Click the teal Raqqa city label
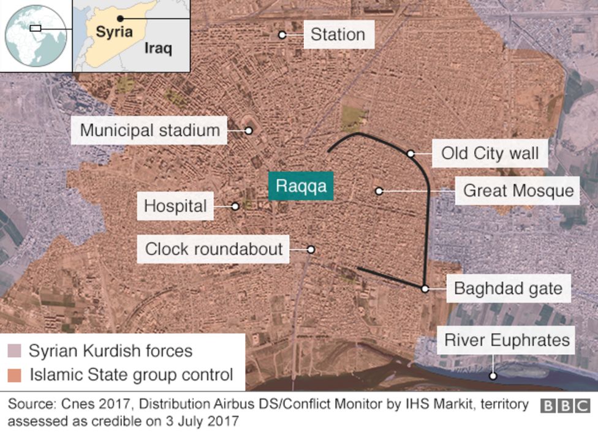pyautogui.click(x=300, y=186)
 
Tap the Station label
pyautogui.click(x=338, y=35)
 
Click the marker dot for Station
pyautogui.click(x=282, y=35)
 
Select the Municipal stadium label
pyautogui.click(x=149, y=130)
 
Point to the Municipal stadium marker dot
pyautogui.click(x=249, y=130)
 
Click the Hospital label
pyautogui.click(x=175, y=206)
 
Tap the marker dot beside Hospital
pyautogui.click(x=235, y=206)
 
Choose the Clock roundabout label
pyautogui.click(x=214, y=249)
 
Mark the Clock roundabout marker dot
pyautogui.click(x=311, y=249)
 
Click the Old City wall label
pyautogui.click(x=490, y=153)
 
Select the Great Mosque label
pyautogui.click(x=518, y=191)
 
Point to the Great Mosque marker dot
pyautogui.click(x=379, y=191)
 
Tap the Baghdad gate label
pyautogui.click(x=508, y=288)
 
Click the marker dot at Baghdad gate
pyautogui.click(x=425, y=288)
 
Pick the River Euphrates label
pyautogui.click(x=507, y=340)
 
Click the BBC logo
pyautogui.click(x=565, y=406)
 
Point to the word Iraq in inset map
pyautogui.click(x=158, y=48)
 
